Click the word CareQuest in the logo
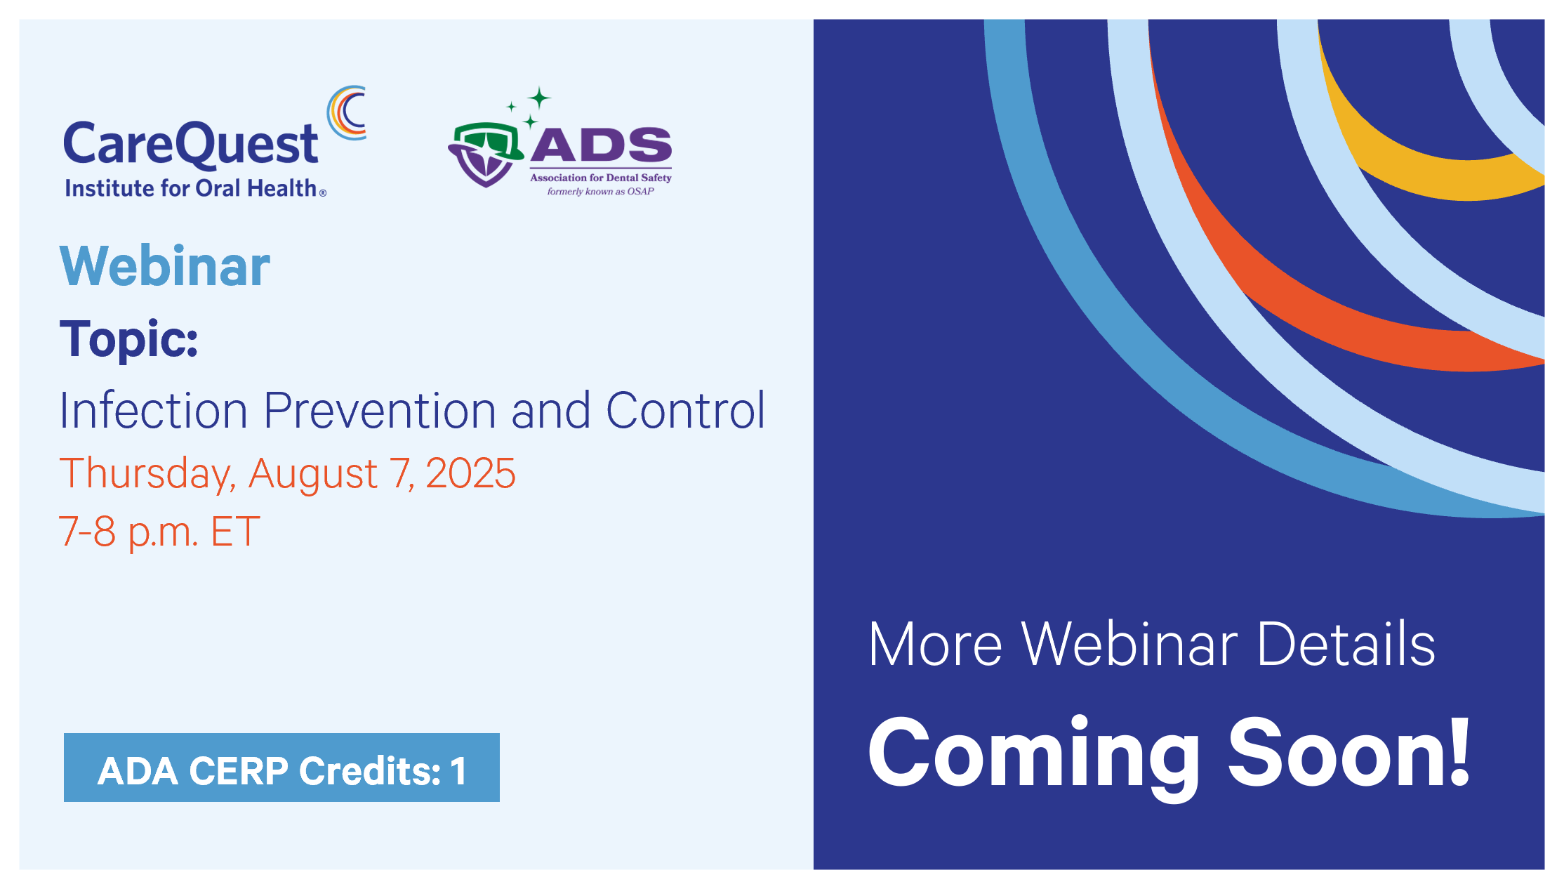(x=191, y=144)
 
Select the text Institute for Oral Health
(x=191, y=188)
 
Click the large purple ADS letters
(x=601, y=145)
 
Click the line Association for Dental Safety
(x=601, y=178)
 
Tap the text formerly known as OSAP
(x=601, y=191)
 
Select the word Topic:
(x=129, y=340)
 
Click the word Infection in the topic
(x=154, y=410)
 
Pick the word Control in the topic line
(x=685, y=410)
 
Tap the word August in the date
(x=313, y=474)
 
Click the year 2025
(x=470, y=473)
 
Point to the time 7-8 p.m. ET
(x=159, y=532)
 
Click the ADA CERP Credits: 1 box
(x=281, y=768)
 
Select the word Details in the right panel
(x=1346, y=644)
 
